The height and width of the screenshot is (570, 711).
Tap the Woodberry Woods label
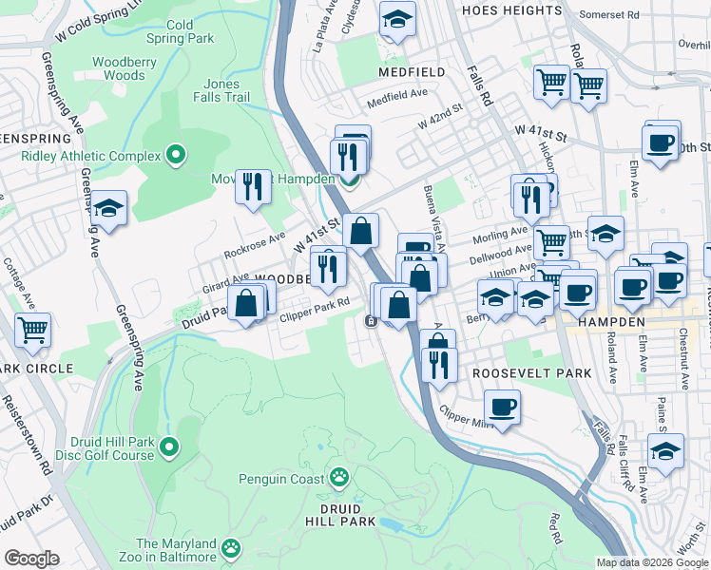click(125, 67)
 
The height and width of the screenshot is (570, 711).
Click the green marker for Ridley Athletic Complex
click(175, 153)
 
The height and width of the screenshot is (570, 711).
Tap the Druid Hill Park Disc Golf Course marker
click(169, 446)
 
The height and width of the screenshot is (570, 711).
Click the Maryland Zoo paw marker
click(232, 548)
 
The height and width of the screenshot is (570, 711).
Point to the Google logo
click(31, 559)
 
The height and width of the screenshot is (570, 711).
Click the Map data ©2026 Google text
click(651, 562)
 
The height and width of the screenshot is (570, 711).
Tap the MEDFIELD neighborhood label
click(411, 72)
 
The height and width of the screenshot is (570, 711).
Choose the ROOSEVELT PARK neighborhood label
click(532, 374)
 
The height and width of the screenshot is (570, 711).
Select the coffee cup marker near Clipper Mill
click(502, 408)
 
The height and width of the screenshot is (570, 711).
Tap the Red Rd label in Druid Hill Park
click(556, 522)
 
